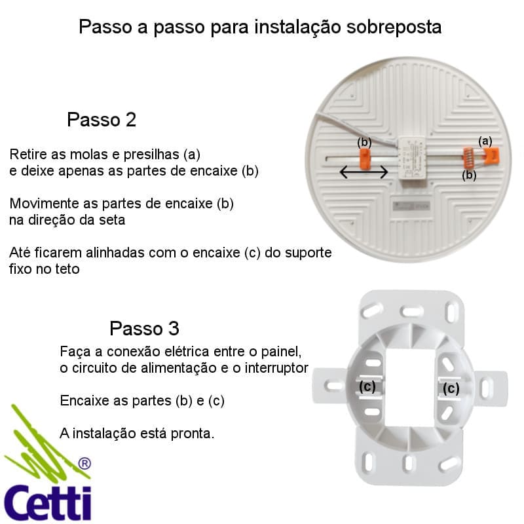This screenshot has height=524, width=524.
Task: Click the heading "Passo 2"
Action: (x=102, y=119)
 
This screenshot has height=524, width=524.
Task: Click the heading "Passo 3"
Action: (x=144, y=328)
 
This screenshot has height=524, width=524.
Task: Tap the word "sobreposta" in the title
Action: (x=394, y=27)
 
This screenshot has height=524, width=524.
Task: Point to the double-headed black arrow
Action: (x=364, y=172)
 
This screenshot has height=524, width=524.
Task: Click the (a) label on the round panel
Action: (x=485, y=141)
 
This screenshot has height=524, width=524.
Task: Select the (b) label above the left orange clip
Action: (x=364, y=142)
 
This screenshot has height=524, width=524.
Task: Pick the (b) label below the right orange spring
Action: (x=469, y=175)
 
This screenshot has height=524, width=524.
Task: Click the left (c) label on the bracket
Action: (x=367, y=386)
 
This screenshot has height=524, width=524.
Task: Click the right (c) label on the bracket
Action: (x=451, y=388)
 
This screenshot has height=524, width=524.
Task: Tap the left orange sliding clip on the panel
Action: (x=364, y=159)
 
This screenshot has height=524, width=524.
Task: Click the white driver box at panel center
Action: (x=411, y=158)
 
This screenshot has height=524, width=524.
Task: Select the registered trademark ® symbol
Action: (x=84, y=464)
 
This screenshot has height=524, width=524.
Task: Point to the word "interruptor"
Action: (x=276, y=368)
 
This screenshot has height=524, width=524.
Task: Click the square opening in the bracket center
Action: (x=410, y=387)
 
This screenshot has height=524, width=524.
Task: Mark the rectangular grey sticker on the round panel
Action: (x=411, y=206)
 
